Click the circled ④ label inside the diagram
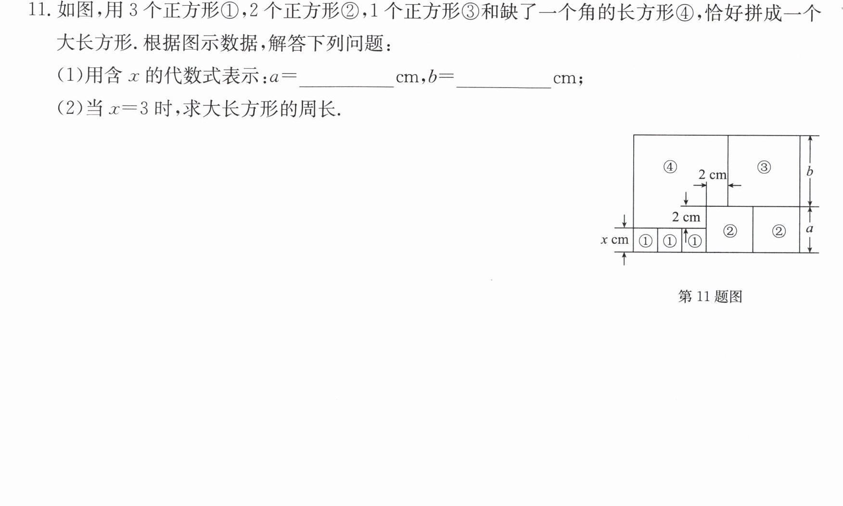tap(670, 167)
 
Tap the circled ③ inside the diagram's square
tap(764, 167)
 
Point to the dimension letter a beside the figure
tap(810, 229)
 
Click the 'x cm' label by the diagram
tap(614, 239)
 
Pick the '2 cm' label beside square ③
tap(712, 175)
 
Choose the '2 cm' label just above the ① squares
tap(686, 217)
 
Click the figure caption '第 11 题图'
tap(710, 296)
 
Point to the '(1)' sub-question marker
tap(70, 76)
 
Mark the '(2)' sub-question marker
tap(70, 108)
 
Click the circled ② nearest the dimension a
tap(779, 231)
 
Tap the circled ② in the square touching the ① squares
tap(730, 231)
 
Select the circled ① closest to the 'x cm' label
tap(645, 241)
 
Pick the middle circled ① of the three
tap(669, 241)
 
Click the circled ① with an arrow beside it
tap(695, 241)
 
